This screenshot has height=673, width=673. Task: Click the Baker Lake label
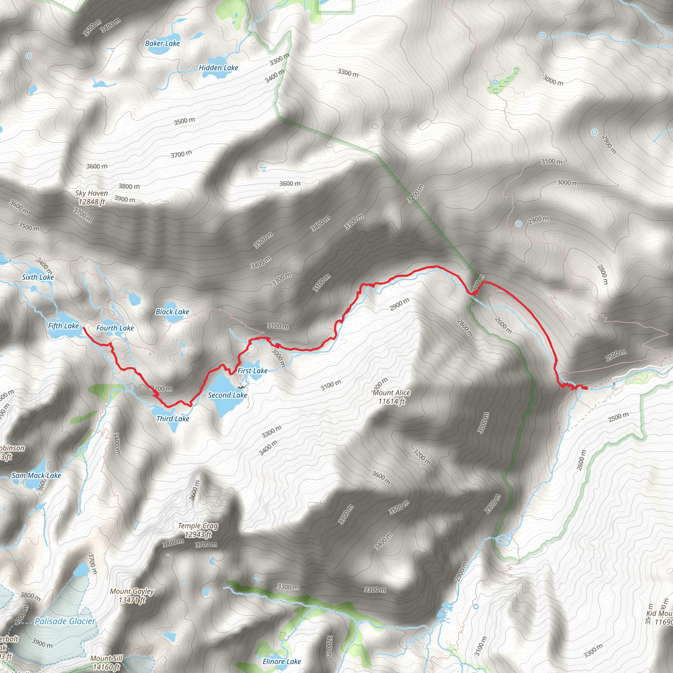(162, 44)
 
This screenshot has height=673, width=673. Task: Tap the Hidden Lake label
(219, 68)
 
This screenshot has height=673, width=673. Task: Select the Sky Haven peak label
(92, 197)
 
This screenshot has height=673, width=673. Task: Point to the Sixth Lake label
(37, 277)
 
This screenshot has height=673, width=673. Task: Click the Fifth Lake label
(63, 326)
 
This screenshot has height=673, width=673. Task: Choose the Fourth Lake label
(115, 328)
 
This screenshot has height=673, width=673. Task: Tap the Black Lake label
(172, 312)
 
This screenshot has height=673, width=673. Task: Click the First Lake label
(253, 371)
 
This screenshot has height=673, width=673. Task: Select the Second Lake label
(227, 395)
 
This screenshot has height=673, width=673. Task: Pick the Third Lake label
(173, 419)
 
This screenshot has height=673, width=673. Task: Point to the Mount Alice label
(391, 397)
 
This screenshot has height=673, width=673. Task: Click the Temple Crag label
(198, 530)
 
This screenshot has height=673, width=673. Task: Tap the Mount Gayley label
(132, 595)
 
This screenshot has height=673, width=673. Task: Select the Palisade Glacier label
(65, 621)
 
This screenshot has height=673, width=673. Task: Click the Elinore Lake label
(282, 661)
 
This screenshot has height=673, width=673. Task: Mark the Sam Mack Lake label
(36, 476)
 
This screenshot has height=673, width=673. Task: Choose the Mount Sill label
(106, 662)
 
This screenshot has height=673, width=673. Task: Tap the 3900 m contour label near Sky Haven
(125, 199)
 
